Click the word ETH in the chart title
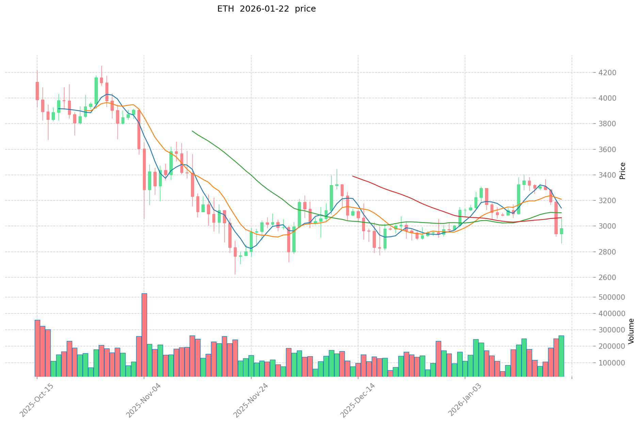tap(225, 9)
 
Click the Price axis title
tap(622, 170)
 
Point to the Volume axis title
tap(631, 331)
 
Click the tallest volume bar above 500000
tap(144, 335)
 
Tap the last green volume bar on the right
tap(561, 356)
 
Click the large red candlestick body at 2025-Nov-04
tap(144, 169)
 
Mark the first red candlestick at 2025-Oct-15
tap(37, 91)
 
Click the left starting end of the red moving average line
tap(353, 176)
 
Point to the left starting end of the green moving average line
tap(192, 131)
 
